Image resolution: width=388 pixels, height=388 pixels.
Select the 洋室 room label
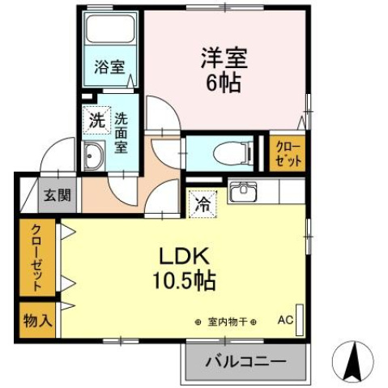(224, 58)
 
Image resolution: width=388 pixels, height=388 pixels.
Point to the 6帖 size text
(224, 83)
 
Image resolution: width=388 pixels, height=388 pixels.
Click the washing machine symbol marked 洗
(96, 122)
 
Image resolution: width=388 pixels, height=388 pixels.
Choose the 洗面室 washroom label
(121, 133)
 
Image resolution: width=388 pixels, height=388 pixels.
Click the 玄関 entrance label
(57, 194)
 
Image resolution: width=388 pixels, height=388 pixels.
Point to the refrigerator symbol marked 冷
(201, 203)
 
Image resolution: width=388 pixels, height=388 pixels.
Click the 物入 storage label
(37, 319)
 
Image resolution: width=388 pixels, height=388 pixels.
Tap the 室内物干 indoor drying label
(226, 321)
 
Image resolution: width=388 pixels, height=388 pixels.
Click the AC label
(285, 319)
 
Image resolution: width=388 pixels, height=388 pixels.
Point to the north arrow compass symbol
(354, 360)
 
